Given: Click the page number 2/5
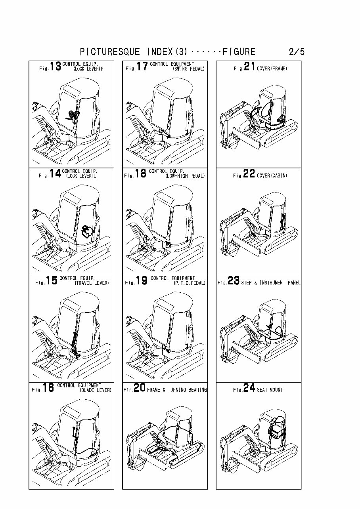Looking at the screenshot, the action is pyautogui.click(x=297, y=52).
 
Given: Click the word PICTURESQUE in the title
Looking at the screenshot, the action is pyautogui.click(x=110, y=52).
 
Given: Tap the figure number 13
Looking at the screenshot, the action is pyautogui.click(x=56, y=67).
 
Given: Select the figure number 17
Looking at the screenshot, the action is pyautogui.click(x=142, y=67).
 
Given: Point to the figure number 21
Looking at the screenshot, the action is pyautogui.click(x=249, y=67).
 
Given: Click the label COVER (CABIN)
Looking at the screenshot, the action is pyautogui.click(x=272, y=175).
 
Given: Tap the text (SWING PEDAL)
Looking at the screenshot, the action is pyautogui.click(x=189, y=69).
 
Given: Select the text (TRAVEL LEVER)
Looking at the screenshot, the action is pyautogui.click(x=92, y=283).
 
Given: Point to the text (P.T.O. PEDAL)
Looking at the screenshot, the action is pyautogui.click(x=190, y=283).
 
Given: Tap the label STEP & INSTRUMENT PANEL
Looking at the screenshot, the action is pyautogui.click(x=271, y=283).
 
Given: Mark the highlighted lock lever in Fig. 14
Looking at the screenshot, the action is pyautogui.click(x=87, y=232).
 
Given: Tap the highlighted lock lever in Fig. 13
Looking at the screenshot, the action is pyautogui.click(x=73, y=116).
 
